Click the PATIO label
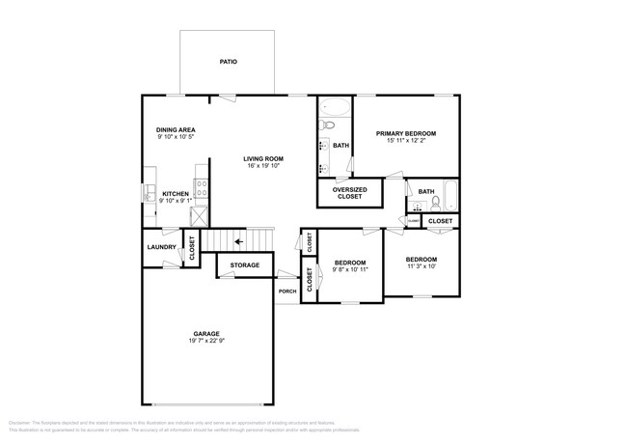point(228,62)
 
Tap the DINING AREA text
point(176,129)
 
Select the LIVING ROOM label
point(262,158)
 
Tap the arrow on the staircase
point(238,241)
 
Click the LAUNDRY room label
point(160,247)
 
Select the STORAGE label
point(244,264)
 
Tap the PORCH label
point(286,291)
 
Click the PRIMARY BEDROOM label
point(406,133)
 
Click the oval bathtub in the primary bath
point(337,107)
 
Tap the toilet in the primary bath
point(327,125)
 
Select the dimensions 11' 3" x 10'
point(421,267)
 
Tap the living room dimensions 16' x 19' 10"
point(262,167)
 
